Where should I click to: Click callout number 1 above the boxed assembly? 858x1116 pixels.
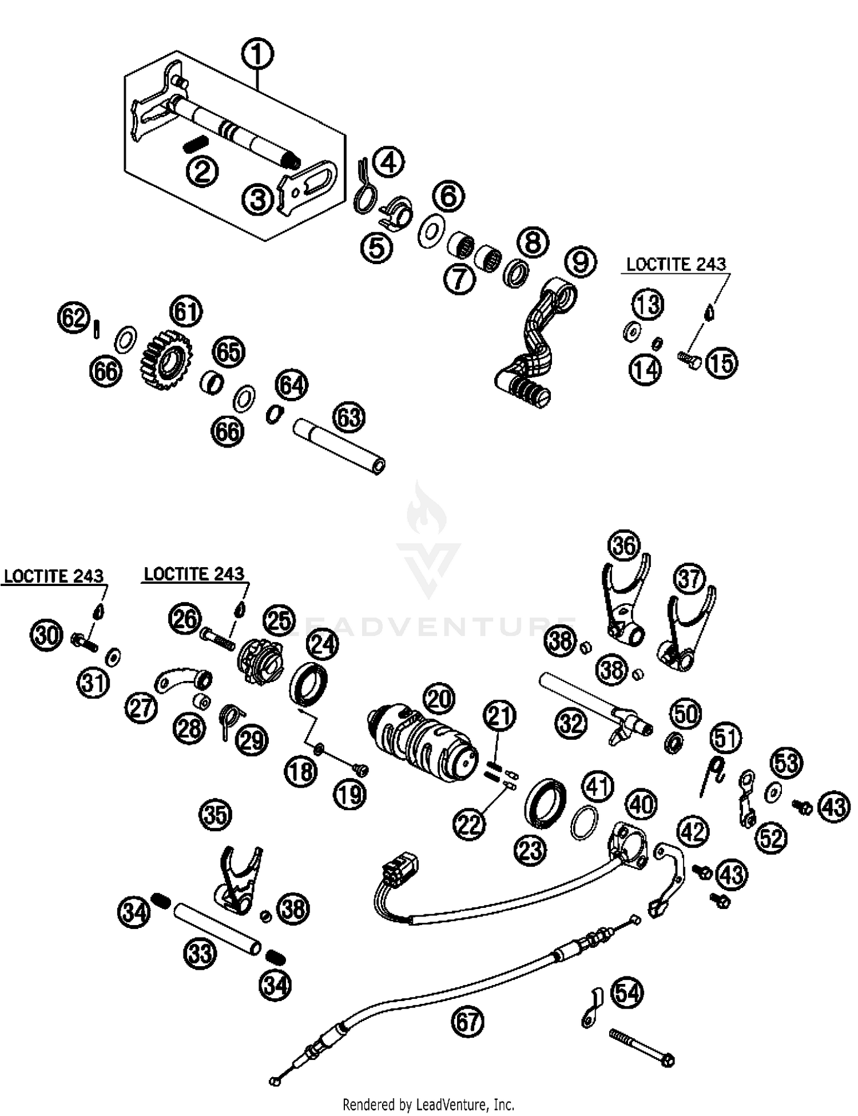[x=257, y=55]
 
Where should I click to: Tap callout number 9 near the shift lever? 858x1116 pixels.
[x=580, y=261]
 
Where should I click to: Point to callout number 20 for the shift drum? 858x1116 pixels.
[x=439, y=699]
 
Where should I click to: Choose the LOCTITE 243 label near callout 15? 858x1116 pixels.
[x=676, y=265]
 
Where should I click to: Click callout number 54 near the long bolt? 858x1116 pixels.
[x=627, y=993]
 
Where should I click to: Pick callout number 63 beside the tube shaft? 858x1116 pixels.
[x=349, y=417]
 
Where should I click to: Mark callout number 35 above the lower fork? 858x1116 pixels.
[x=216, y=815]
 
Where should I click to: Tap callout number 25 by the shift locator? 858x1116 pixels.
[x=279, y=620]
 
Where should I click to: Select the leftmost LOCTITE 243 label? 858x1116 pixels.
[x=54, y=576]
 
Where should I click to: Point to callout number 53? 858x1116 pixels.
[x=786, y=763]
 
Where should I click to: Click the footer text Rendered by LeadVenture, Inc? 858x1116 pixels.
[x=428, y=1103]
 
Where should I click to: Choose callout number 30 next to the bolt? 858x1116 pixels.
[x=46, y=635]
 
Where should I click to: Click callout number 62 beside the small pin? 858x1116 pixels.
[x=74, y=318]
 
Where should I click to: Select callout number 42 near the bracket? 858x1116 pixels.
[x=693, y=832]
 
